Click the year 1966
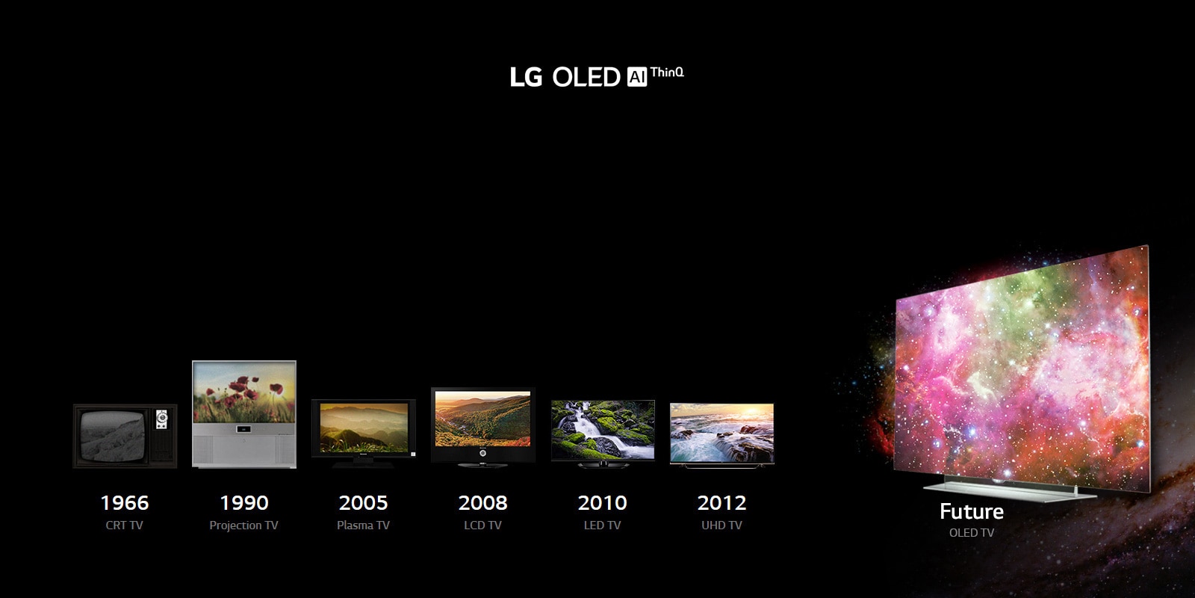[x=125, y=502]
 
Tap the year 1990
[x=244, y=502]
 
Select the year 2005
[x=363, y=502]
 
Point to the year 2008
[x=482, y=502]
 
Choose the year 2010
[x=602, y=502]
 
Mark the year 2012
[x=721, y=502]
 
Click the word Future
[x=972, y=511]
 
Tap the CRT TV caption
[x=124, y=525]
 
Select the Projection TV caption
[x=243, y=525]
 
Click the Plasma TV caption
[x=363, y=525]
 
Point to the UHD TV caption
[x=721, y=525]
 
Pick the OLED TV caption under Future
[x=972, y=533]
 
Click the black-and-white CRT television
[x=125, y=437]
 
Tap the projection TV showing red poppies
[x=243, y=414]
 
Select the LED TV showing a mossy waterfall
[x=603, y=434]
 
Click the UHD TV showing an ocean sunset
[x=721, y=435]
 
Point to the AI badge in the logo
[x=636, y=78]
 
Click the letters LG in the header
[x=526, y=78]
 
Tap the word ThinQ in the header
[x=667, y=73]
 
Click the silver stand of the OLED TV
[x=1009, y=490]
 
